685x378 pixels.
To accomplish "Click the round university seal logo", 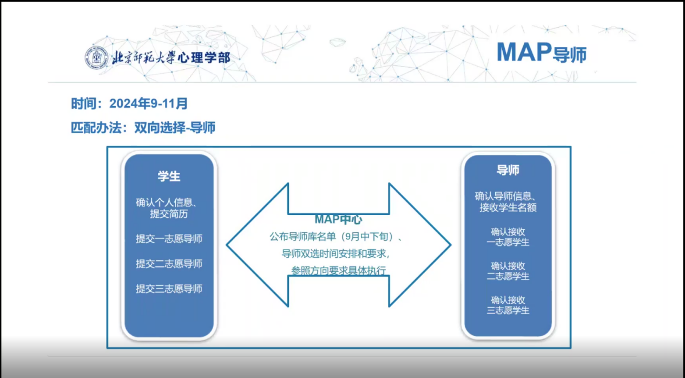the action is pyautogui.click(x=96, y=57).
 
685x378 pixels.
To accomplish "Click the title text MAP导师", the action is pyautogui.click(x=542, y=53).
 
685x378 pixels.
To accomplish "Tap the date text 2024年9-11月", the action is pyautogui.click(x=148, y=103).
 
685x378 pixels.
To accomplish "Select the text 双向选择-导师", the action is pyautogui.click(x=175, y=127).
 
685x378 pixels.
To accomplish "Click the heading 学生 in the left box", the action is pyautogui.click(x=169, y=177).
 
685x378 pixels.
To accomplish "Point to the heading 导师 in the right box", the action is pyautogui.click(x=508, y=170).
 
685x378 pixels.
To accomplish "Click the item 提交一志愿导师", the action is pyautogui.click(x=169, y=239).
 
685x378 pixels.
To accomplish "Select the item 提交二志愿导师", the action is pyautogui.click(x=169, y=264).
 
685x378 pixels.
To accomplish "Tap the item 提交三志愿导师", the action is pyautogui.click(x=169, y=289).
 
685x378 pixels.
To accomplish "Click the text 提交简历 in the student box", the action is pyautogui.click(x=169, y=213).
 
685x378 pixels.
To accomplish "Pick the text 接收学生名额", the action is pyautogui.click(x=508, y=207).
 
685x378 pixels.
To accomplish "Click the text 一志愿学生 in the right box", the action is pyautogui.click(x=508, y=242).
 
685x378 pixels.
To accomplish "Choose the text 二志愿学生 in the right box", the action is pyautogui.click(x=508, y=276).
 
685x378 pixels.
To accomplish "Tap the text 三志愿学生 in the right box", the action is pyautogui.click(x=508, y=310).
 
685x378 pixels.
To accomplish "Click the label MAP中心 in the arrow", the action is pyautogui.click(x=338, y=219).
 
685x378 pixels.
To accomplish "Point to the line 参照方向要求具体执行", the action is pyautogui.click(x=338, y=270).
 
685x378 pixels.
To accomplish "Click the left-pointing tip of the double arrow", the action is pyautogui.click(x=227, y=245).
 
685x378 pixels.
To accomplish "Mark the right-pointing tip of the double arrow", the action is pyautogui.click(x=451, y=245).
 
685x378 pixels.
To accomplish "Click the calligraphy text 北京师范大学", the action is pyautogui.click(x=144, y=57).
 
